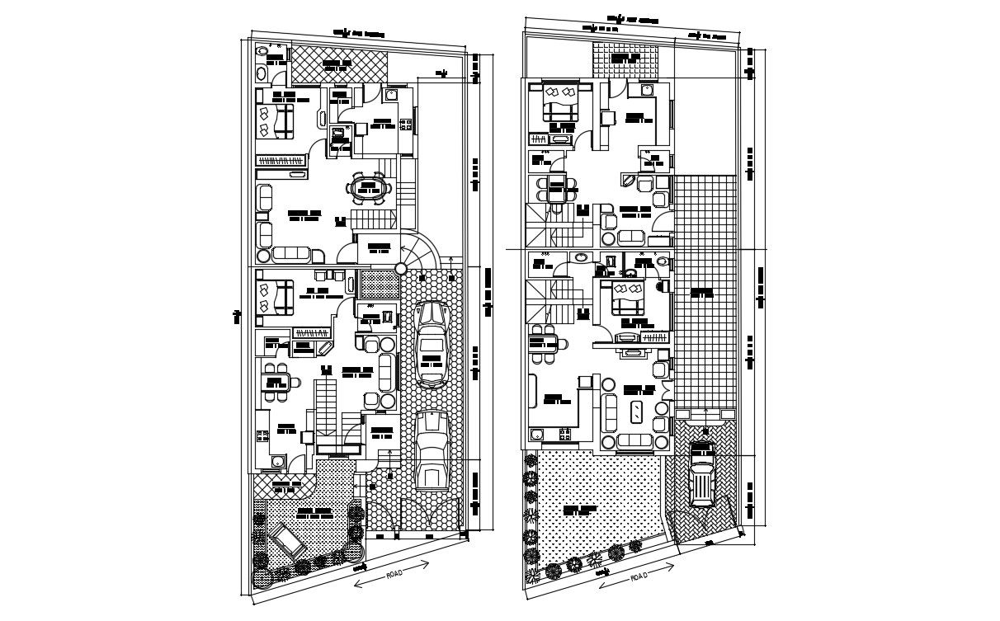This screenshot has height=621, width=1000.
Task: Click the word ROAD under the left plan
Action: point(394,574)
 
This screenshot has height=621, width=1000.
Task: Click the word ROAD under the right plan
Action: point(639,577)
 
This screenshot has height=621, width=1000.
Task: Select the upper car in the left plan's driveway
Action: point(431,344)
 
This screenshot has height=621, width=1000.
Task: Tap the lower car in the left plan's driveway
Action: point(432,450)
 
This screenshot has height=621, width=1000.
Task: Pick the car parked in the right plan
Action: point(702,474)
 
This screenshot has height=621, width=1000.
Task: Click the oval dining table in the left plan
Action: point(368,187)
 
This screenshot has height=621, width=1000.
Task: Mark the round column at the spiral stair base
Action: point(401,268)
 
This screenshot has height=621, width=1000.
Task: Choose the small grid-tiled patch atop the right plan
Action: point(626,59)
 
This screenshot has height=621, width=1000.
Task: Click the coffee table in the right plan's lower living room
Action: point(636,412)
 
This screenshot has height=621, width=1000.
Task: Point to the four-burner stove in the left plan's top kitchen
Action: point(406,125)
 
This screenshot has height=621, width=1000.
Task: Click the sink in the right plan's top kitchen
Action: point(649,89)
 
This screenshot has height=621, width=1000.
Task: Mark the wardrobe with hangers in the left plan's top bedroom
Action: point(281,165)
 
